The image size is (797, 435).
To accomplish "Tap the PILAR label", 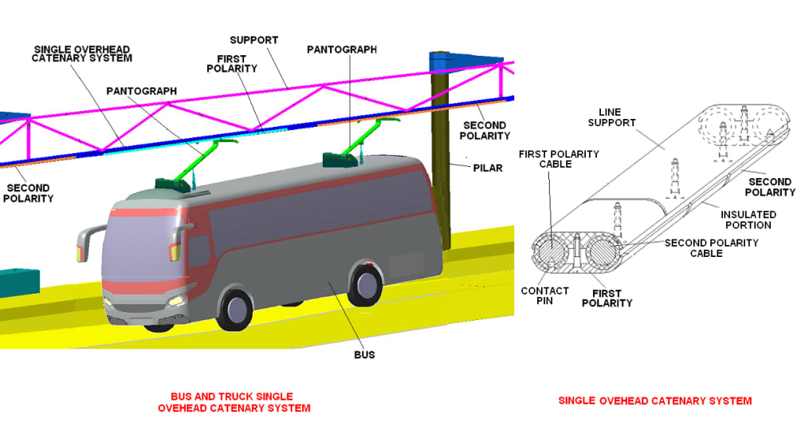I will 486,168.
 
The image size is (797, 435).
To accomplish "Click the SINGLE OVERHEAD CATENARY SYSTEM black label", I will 83,53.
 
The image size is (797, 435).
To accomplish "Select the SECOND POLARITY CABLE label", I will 712,248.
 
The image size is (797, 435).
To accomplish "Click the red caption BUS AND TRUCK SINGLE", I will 232,397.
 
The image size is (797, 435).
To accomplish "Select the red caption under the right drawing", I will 655,401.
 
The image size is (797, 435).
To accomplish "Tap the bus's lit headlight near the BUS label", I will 175,301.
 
